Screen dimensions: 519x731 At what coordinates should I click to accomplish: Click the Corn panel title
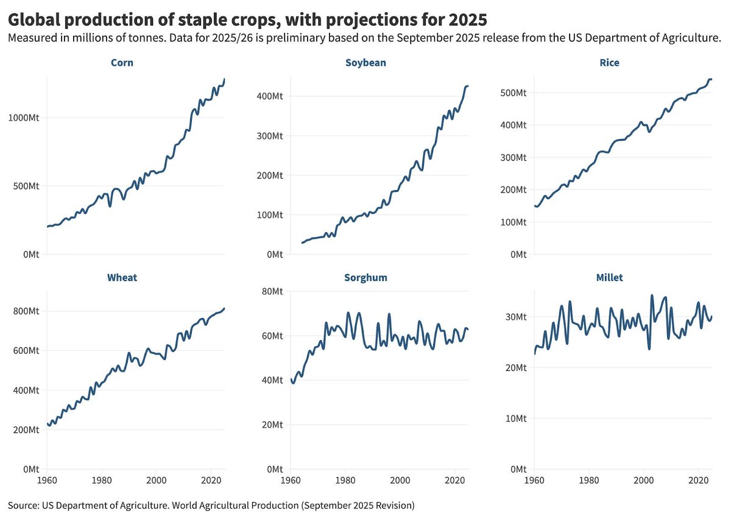(x=122, y=63)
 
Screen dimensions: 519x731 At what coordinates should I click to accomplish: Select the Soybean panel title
(x=365, y=63)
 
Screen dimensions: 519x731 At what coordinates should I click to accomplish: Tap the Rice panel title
(x=609, y=63)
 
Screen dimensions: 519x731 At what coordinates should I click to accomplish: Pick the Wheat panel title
(x=122, y=278)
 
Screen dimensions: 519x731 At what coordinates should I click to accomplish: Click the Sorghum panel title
(x=365, y=278)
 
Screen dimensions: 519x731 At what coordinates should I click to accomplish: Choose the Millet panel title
(x=609, y=278)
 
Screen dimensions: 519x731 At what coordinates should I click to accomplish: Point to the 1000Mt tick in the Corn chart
(x=24, y=118)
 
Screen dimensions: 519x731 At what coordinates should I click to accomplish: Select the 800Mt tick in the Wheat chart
(x=27, y=311)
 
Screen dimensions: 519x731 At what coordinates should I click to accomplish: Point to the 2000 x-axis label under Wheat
(x=156, y=479)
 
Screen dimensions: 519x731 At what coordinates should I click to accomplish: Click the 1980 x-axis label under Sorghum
(x=345, y=479)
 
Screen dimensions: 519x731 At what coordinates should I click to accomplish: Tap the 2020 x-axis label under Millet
(x=697, y=479)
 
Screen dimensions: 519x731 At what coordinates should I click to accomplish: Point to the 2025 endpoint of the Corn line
(x=225, y=79)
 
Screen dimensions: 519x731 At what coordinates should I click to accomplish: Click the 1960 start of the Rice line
(x=534, y=206)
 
